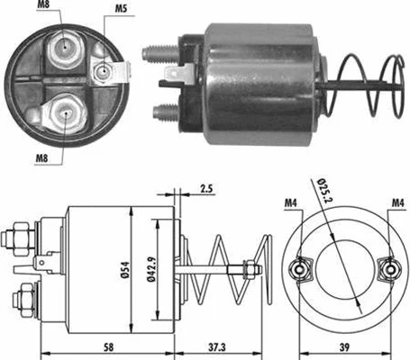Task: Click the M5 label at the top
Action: [x=121, y=11]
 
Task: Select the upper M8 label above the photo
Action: [x=45, y=6]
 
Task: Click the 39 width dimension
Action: [x=346, y=347]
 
